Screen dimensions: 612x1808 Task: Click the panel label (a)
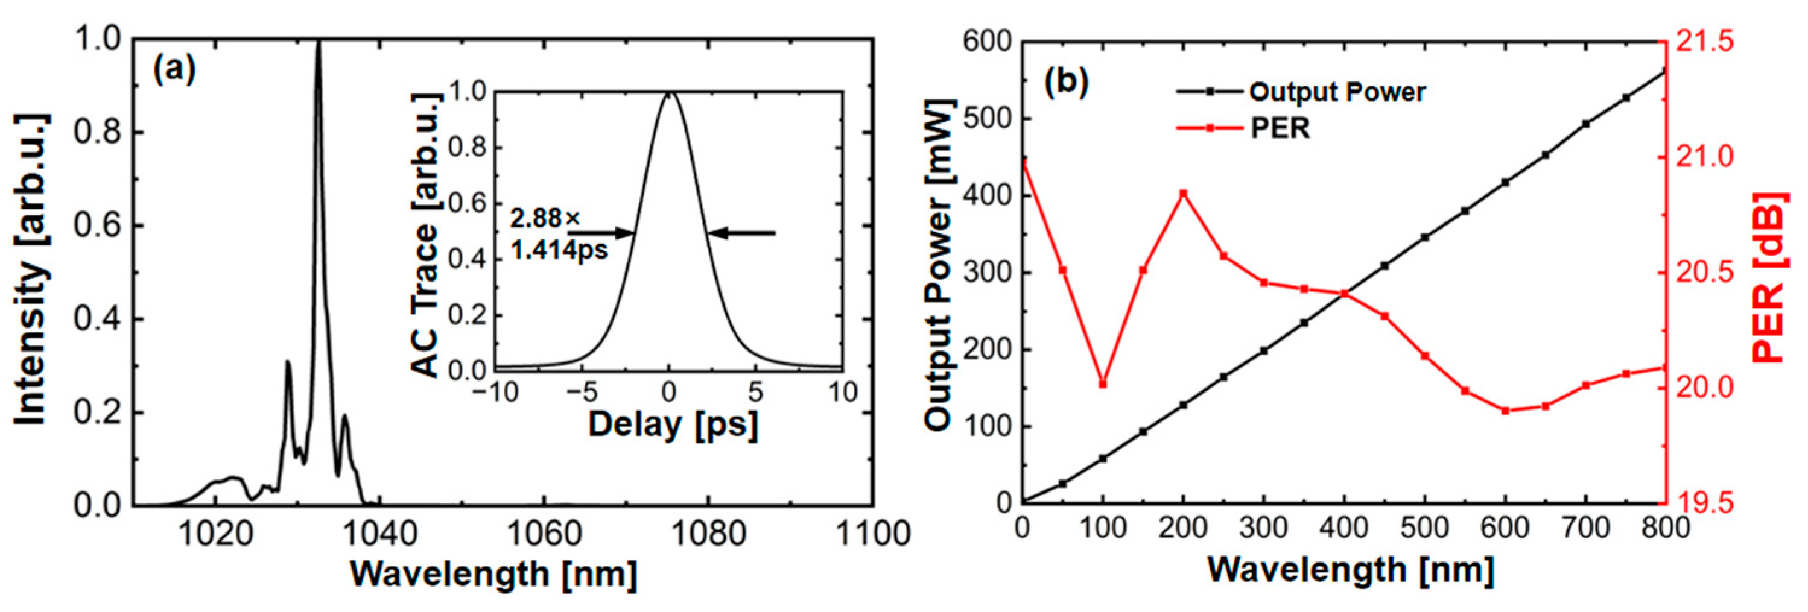[175, 71]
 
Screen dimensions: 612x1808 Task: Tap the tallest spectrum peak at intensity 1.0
[319, 43]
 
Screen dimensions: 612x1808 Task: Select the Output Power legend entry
[1337, 92]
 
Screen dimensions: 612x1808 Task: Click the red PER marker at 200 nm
[1184, 193]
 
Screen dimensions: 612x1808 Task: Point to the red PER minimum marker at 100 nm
[1103, 384]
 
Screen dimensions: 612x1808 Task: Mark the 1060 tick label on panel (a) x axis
[544, 535]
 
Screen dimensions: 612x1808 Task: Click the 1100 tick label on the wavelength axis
[872, 535]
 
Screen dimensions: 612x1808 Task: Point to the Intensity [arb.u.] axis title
[31, 270]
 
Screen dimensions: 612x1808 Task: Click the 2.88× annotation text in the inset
[545, 218]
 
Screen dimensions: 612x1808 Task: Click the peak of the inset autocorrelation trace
[670, 93]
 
